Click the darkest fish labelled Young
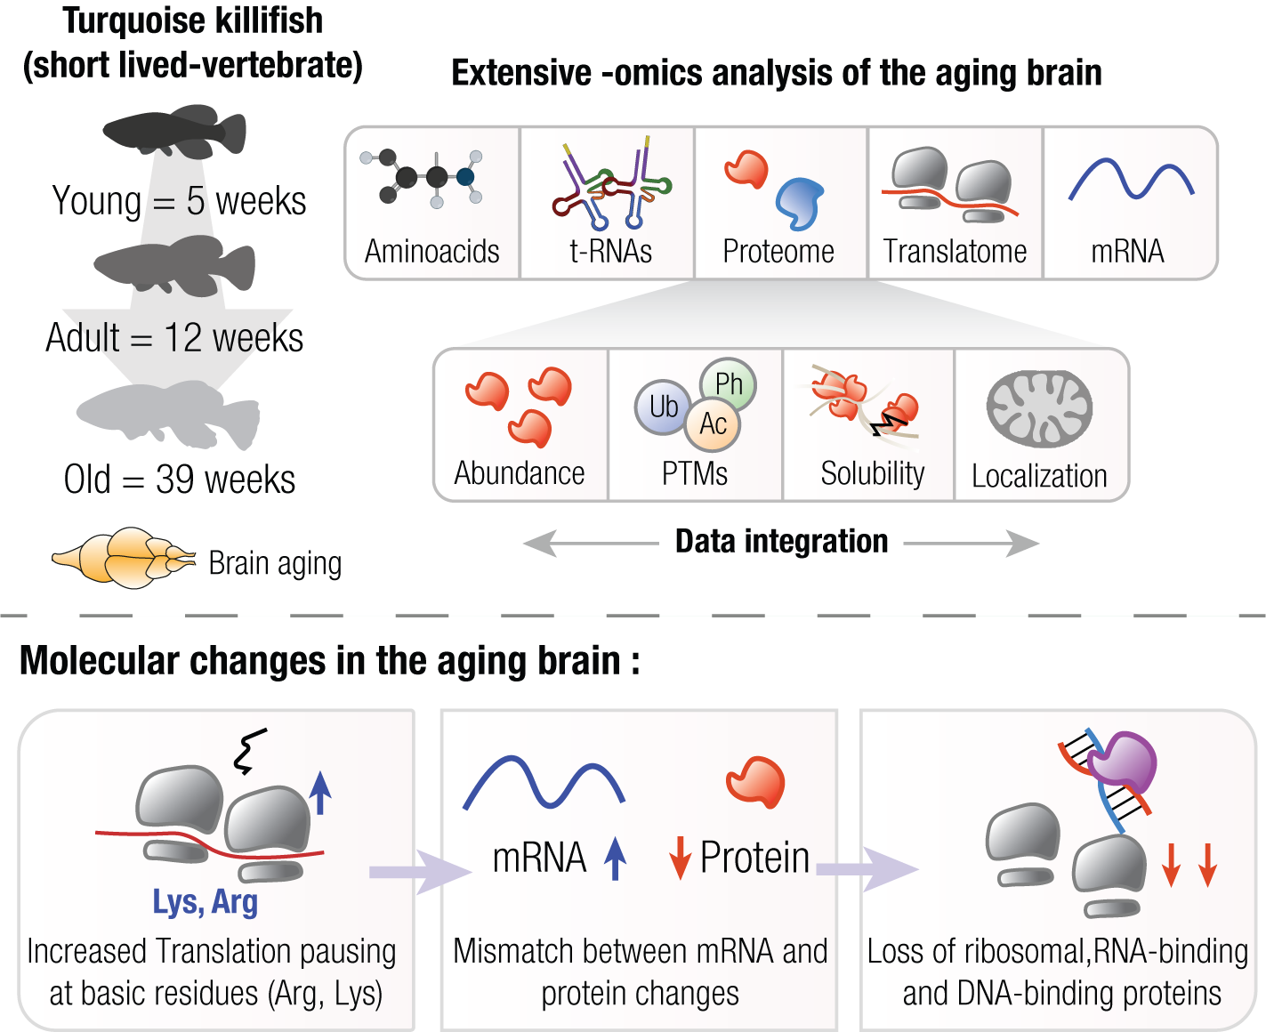(174, 132)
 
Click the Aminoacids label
(432, 252)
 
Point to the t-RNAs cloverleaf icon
(612, 182)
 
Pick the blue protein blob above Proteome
(800, 203)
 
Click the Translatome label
(955, 252)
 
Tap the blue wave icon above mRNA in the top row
(1131, 179)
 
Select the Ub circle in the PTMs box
(663, 407)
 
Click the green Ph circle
(728, 383)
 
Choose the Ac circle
(713, 423)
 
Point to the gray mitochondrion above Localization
(1039, 408)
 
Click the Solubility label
(872, 473)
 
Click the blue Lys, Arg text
(206, 902)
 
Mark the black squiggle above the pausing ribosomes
(249, 751)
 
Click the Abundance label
(520, 473)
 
